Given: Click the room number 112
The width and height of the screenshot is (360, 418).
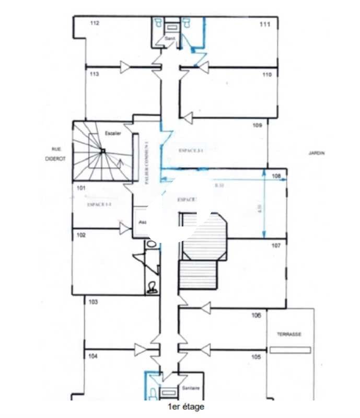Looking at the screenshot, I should [x=95, y=23].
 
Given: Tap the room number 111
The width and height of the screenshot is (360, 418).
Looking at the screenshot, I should [x=265, y=25].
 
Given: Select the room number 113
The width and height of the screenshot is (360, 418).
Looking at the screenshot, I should [x=94, y=75].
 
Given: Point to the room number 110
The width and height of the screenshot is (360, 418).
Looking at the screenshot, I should [x=267, y=75].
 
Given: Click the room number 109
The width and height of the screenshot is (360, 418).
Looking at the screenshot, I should [x=257, y=125].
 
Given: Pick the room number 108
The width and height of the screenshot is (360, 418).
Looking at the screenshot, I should [x=276, y=176].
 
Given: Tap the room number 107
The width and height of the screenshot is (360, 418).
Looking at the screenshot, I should [x=276, y=245].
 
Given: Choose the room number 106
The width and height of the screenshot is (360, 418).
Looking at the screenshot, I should [x=256, y=315].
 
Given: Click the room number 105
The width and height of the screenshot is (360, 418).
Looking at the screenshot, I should [x=256, y=357].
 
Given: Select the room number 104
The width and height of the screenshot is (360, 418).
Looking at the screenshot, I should [x=93, y=356].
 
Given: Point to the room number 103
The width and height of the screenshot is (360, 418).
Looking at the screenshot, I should [x=94, y=302].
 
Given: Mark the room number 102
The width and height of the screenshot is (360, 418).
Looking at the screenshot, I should [x=81, y=235].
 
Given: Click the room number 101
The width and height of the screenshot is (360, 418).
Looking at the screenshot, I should [x=81, y=187].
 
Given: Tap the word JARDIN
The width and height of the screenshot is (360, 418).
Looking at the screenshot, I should [x=317, y=153].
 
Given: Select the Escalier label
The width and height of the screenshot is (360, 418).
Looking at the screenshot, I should [x=113, y=133].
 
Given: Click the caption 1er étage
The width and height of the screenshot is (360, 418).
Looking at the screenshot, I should [x=186, y=407].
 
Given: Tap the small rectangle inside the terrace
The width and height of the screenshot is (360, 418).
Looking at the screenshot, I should [x=290, y=350].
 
